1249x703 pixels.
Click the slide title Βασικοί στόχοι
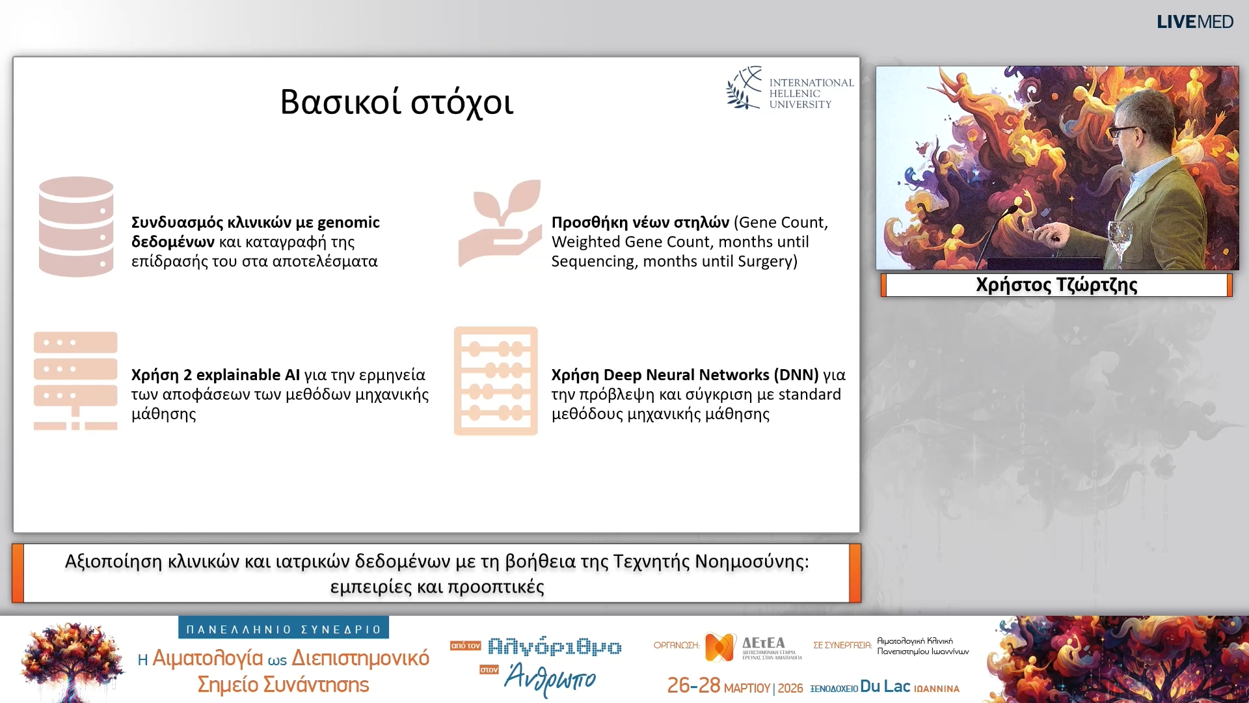tap(397, 102)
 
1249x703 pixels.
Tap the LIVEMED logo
tap(1194, 22)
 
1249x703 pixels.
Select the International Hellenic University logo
tap(790, 88)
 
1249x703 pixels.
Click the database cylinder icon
tap(76, 227)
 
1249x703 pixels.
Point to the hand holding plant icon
tap(500, 223)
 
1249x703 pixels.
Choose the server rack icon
tap(75, 381)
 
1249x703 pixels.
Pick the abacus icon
tap(496, 381)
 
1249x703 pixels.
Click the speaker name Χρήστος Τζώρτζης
tap(1056, 285)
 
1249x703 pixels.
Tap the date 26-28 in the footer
tap(693, 685)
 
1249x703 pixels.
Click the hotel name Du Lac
tap(885, 686)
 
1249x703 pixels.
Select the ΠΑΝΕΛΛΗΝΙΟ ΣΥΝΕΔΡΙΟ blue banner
tap(284, 629)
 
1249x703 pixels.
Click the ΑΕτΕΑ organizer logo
tap(753, 647)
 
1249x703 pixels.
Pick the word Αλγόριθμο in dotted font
tap(555, 647)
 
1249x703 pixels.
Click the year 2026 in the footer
tap(790, 688)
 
